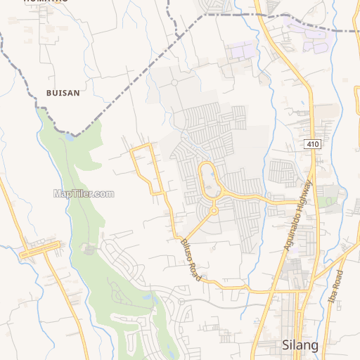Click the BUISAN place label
(x=63, y=92)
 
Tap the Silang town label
(x=300, y=345)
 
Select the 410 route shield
(x=313, y=144)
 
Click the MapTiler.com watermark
(x=84, y=193)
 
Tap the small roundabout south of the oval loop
(x=214, y=210)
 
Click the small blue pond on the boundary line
(x=69, y=138)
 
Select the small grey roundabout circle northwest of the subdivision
(x=174, y=83)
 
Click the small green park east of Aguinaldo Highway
(x=326, y=200)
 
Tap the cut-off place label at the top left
(x=45, y=2)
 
